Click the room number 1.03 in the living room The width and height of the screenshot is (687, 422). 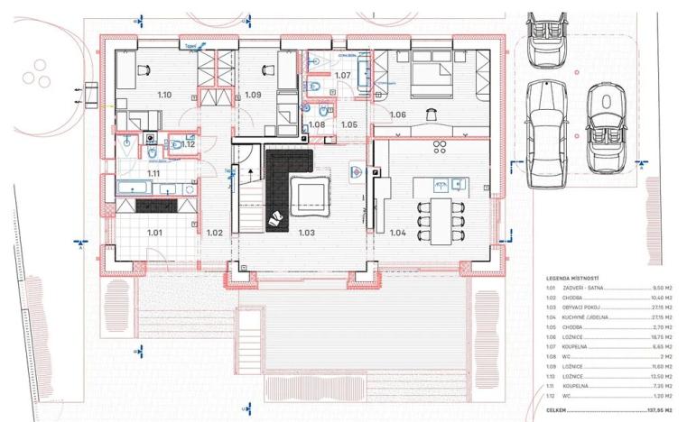click(307, 233)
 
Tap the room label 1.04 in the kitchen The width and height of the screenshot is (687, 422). click(397, 233)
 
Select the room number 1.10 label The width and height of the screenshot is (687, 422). click(163, 94)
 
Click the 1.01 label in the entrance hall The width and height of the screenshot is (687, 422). click(154, 233)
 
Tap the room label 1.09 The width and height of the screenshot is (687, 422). click(253, 94)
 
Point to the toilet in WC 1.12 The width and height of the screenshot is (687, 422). click(174, 143)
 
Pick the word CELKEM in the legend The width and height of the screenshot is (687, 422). click(559, 408)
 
